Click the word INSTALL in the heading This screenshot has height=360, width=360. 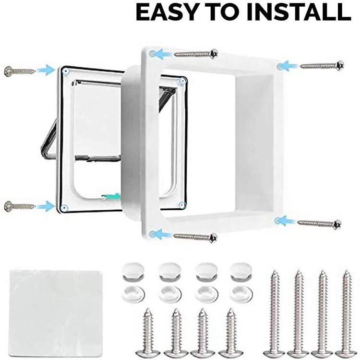pos(299,12)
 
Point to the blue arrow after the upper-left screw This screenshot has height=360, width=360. pos(46,70)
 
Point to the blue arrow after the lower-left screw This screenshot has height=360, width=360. pos(46,206)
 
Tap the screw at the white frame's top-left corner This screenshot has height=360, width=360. pos(196,54)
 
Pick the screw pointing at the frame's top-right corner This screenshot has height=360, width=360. pos(322,65)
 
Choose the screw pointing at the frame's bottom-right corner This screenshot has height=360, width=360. pos(319,223)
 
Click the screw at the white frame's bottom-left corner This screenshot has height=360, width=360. pos(195,237)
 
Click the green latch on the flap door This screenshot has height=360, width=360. pos(111,196)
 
